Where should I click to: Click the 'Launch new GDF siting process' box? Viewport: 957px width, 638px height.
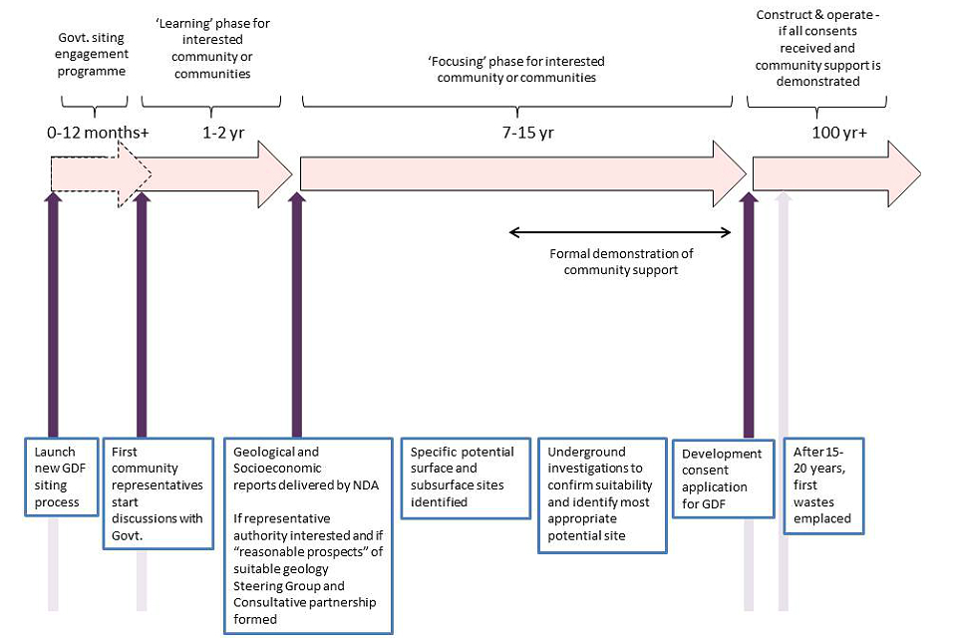click(62, 477)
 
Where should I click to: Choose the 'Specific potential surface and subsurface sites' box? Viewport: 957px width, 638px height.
click(466, 477)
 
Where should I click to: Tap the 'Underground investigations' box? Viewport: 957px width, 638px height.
click(601, 492)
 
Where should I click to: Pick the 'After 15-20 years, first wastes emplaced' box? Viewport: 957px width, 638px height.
click(823, 484)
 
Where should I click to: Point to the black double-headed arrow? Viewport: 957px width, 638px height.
click(620, 232)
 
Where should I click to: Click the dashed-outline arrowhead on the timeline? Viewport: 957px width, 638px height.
click(134, 174)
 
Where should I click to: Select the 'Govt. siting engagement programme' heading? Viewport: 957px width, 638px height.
click(94, 55)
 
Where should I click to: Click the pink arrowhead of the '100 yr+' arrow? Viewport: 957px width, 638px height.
click(903, 174)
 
